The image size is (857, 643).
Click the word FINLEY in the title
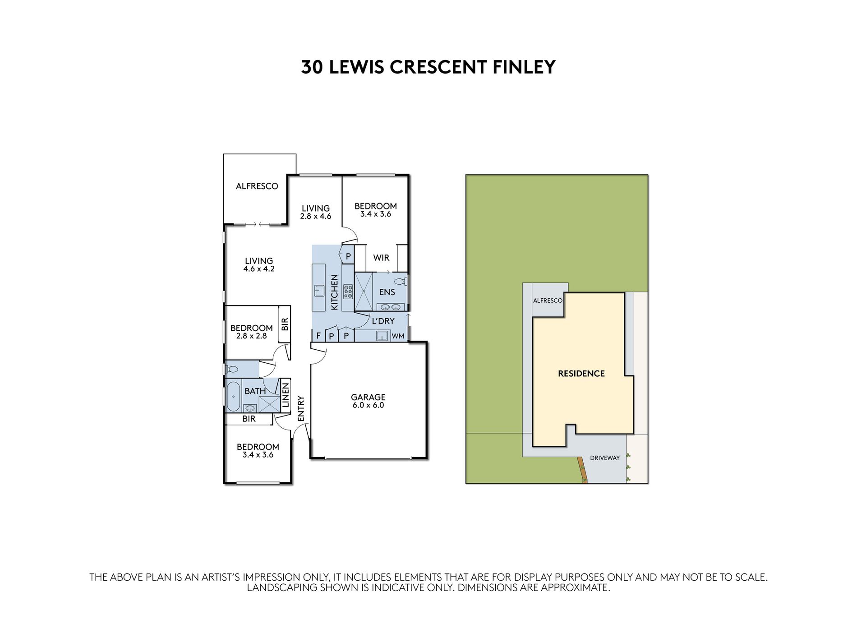click(x=524, y=67)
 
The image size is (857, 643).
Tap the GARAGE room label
click(x=368, y=397)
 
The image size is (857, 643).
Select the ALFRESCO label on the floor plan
click(x=257, y=186)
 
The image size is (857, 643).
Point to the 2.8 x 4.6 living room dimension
click(x=316, y=216)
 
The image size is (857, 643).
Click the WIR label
click(x=381, y=258)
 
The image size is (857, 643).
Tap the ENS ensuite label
click(x=387, y=292)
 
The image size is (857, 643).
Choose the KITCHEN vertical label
click(x=334, y=292)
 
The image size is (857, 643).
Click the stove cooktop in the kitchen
click(x=348, y=291)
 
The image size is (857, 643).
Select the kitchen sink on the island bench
click(x=319, y=291)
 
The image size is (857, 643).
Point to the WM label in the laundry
click(x=398, y=336)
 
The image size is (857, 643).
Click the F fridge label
click(x=318, y=336)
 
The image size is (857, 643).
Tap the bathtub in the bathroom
click(x=233, y=396)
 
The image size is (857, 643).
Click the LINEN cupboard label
click(x=285, y=395)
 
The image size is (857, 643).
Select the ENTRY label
click(x=301, y=409)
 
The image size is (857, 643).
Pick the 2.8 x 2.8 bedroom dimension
click(x=252, y=336)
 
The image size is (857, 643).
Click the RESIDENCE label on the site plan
click(x=581, y=374)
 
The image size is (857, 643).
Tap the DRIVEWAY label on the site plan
click(x=605, y=458)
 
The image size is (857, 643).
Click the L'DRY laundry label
click(x=383, y=321)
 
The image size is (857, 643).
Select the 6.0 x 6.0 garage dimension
click(x=368, y=405)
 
